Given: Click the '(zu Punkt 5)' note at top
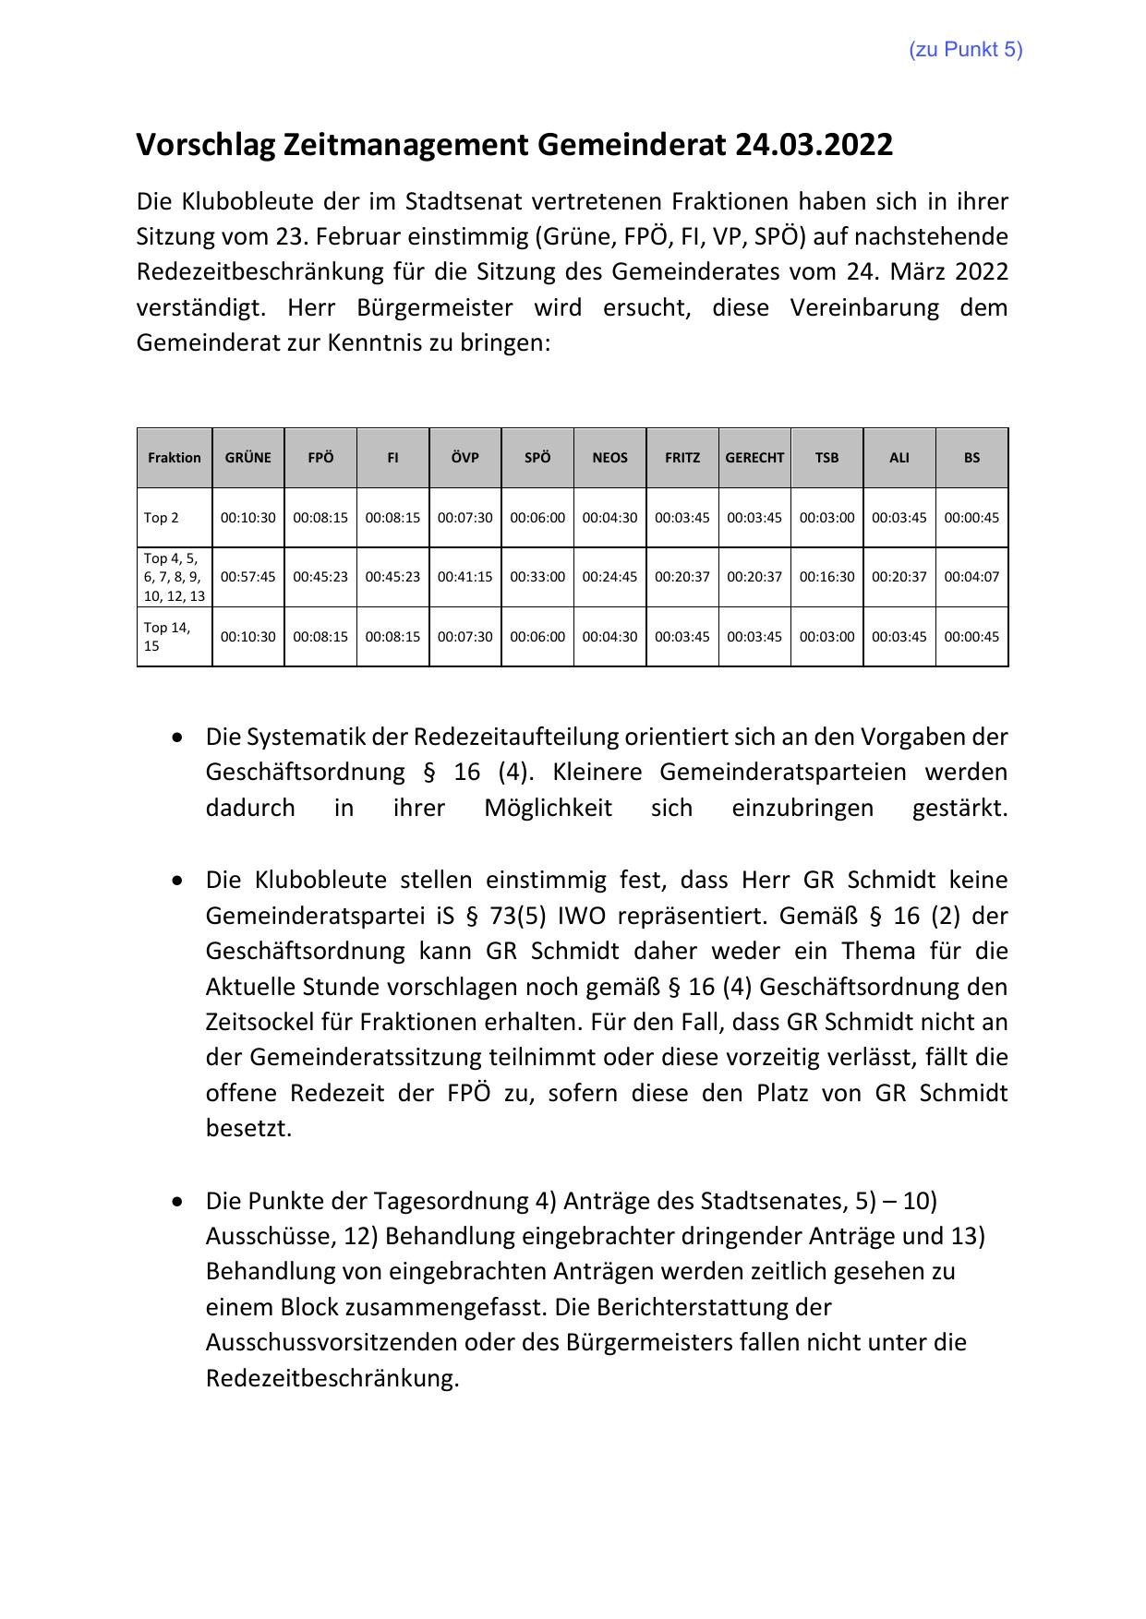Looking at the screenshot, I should tap(966, 50).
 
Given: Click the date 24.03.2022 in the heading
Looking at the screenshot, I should tap(814, 145).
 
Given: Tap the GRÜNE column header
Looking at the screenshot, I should tap(248, 458).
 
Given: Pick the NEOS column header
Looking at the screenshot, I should tap(609, 458).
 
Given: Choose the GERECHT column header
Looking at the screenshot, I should tap(754, 458).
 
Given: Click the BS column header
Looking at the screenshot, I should tap(971, 458).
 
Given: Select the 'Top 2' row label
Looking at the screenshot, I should tap(162, 518).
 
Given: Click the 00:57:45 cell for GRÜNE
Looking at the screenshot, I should tap(248, 577).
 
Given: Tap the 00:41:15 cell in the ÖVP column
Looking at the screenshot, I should tap(464, 577).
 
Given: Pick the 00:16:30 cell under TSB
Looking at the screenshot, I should tap(826, 577).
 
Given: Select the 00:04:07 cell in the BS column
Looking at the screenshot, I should tap(971, 577).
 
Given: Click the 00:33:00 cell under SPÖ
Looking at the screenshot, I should tap(537, 577).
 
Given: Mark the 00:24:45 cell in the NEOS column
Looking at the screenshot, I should tap(609, 577).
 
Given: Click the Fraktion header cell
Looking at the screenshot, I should tap(175, 458).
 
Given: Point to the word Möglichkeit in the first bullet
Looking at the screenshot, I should tap(548, 808).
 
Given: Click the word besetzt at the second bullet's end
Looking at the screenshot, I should tap(247, 1128).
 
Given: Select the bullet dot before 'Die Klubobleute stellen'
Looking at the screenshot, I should tap(176, 881).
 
